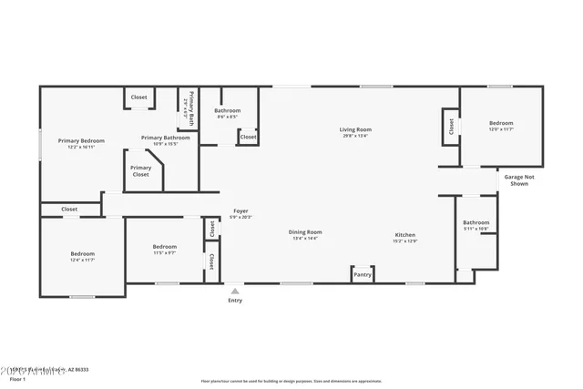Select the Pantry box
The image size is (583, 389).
click(x=363, y=274)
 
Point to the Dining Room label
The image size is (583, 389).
click(x=305, y=232)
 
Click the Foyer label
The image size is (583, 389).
click(x=240, y=210)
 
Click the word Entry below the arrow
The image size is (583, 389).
click(x=235, y=301)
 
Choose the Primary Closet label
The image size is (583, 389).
click(x=140, y=170)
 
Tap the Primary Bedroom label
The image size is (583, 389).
click(x=81, y=140)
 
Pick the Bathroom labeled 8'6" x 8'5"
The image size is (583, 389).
click(x=227, y=111)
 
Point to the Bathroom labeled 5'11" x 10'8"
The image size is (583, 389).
click(x=476, y=223)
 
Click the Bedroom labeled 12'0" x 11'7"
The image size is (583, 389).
click(x=501, y=123)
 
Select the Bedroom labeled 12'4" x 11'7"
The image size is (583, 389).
click(x=83, y=254)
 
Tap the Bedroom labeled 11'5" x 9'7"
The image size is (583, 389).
click(x=164, y=247)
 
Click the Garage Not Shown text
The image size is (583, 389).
click(x=519, y=179)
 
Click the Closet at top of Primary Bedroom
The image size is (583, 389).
click(x=139, y=97)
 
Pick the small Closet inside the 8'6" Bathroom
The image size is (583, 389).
click(x=248, y=137)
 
